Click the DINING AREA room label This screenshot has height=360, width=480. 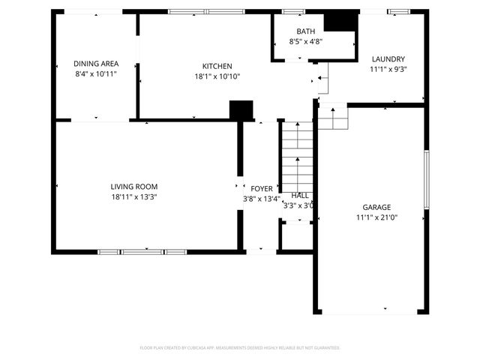point(95,64)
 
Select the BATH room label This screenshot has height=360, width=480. point(305,31)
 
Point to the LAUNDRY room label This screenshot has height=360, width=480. point(388,59)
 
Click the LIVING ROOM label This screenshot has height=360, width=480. point(134,187)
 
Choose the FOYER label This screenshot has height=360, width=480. point(262,189)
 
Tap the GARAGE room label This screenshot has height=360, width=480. point(377,207)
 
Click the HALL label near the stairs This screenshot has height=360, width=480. point(300,195)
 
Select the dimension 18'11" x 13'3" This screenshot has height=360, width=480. point(134,197)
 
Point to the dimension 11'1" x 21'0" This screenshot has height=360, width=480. point(377,217)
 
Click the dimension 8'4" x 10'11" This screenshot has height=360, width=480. point(95,74)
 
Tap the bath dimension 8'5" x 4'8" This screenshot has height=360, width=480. point(305,42)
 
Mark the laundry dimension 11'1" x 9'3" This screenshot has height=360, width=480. point(388,70)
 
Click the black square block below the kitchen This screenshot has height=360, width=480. point(241,110)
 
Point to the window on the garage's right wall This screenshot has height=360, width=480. point(426,179)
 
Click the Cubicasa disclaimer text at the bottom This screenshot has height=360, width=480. point(240,348)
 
